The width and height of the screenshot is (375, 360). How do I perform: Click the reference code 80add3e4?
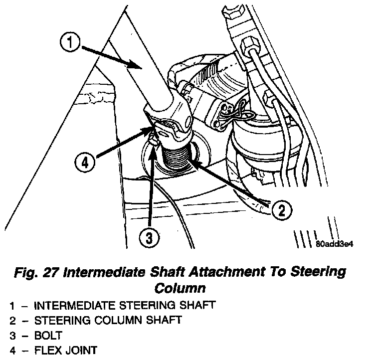(x=339, y=245)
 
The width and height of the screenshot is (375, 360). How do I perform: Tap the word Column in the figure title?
(x=180, y=288)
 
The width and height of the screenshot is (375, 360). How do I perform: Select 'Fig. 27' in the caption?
(x=39, y=272)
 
